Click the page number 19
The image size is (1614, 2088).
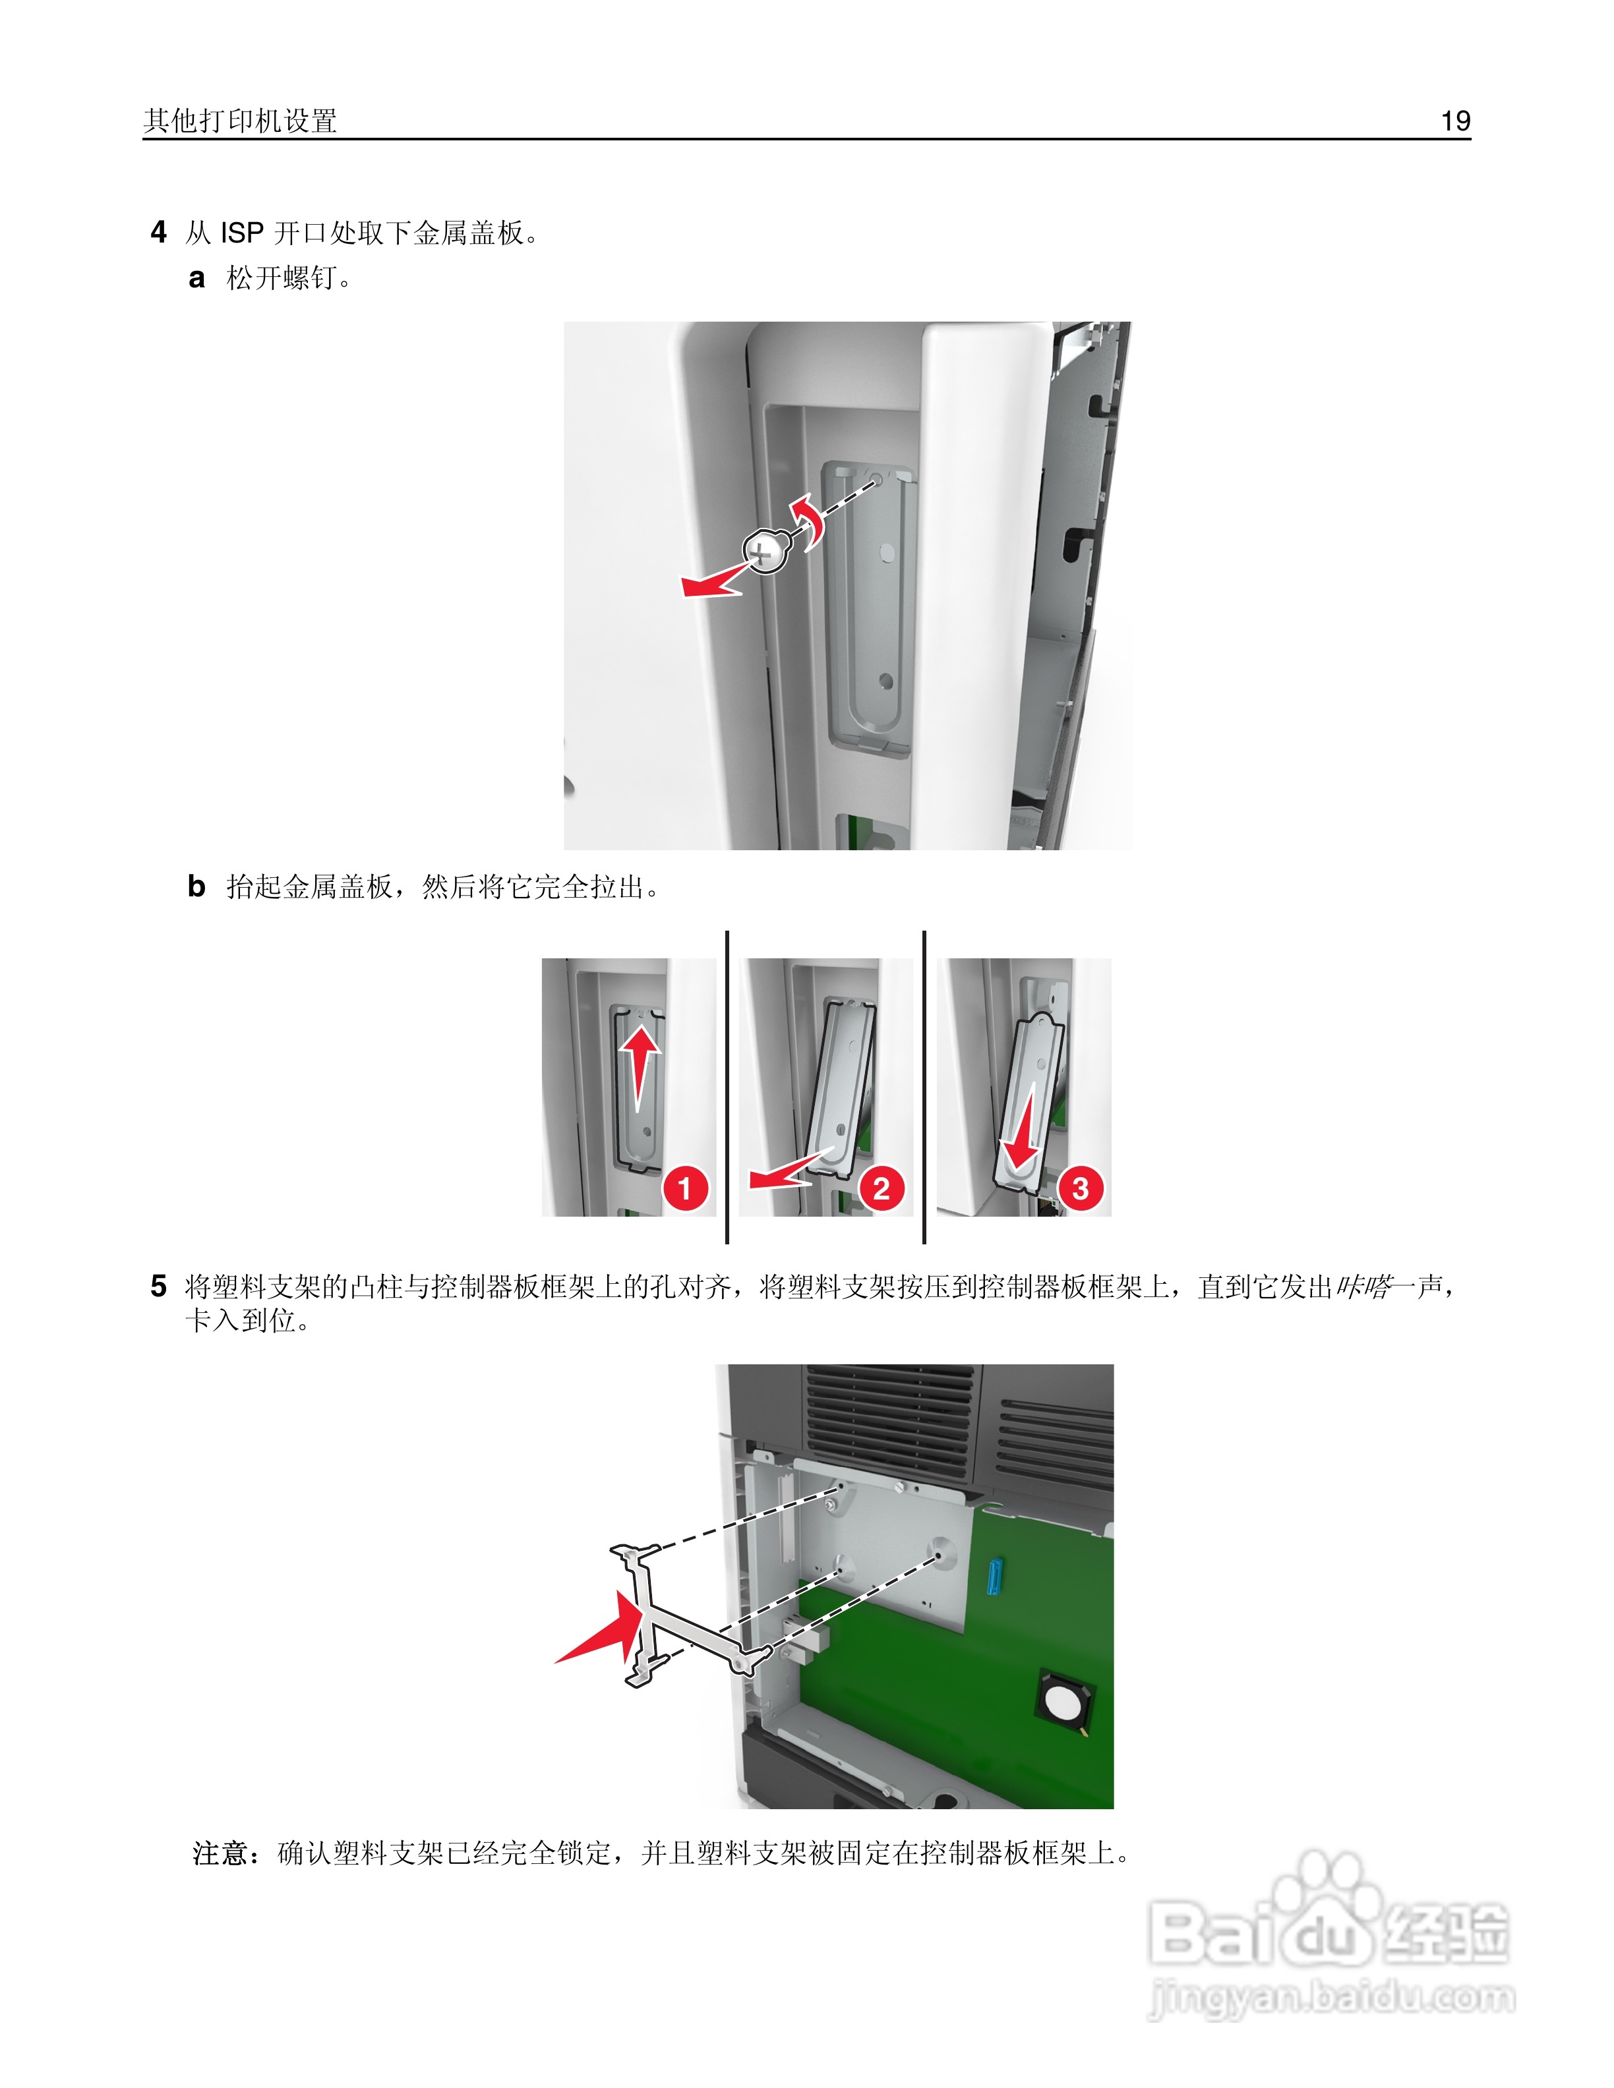pos(1454,121)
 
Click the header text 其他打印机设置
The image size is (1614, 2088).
pos(240,121)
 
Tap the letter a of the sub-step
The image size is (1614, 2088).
pos(197,278)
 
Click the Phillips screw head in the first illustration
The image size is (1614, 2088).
pos(765,551)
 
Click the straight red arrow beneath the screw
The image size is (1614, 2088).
pos(712,582)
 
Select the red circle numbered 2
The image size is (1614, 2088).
pos(882,1188)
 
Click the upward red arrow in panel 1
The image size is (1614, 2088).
pos(639,1061)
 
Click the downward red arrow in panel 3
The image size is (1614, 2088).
pos(1021,1133)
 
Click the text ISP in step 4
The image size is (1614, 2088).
pos(242,232)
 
